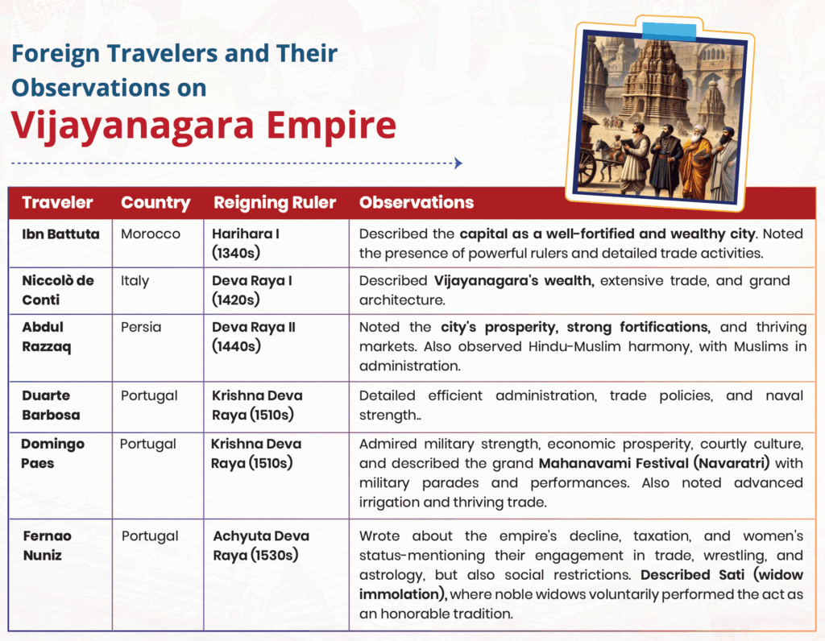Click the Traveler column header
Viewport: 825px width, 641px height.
(x=57, y=202)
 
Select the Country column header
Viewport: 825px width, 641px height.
(x=155, y=203)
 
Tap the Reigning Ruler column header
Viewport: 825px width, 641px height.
(x=275, y=203)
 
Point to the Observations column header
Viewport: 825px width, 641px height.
(x=417, y=202)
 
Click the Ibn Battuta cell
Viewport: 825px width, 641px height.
(x=60, y=234)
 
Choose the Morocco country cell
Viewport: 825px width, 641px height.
(x=151, y=234)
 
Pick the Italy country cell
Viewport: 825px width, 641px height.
(x=135, y=281)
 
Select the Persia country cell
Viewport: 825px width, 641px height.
(x=141, y=327)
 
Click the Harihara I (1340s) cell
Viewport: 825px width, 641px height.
(x=246, y=243)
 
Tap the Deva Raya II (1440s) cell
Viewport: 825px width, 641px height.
(x=254, y=337)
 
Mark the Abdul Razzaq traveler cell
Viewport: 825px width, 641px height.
(x=46, y=337)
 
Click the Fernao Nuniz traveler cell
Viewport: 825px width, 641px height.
(x=48, y=545)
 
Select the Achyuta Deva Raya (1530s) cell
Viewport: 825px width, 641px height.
(x=261, y=545)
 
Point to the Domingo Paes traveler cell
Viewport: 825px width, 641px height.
(x=52, y=453)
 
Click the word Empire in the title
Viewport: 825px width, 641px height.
(x=331, y=126)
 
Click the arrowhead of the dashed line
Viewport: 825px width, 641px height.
(x=458, y=163)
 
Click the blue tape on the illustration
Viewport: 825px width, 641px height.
(x=670, y=31)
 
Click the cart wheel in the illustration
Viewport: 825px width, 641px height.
(x=587, y=168)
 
